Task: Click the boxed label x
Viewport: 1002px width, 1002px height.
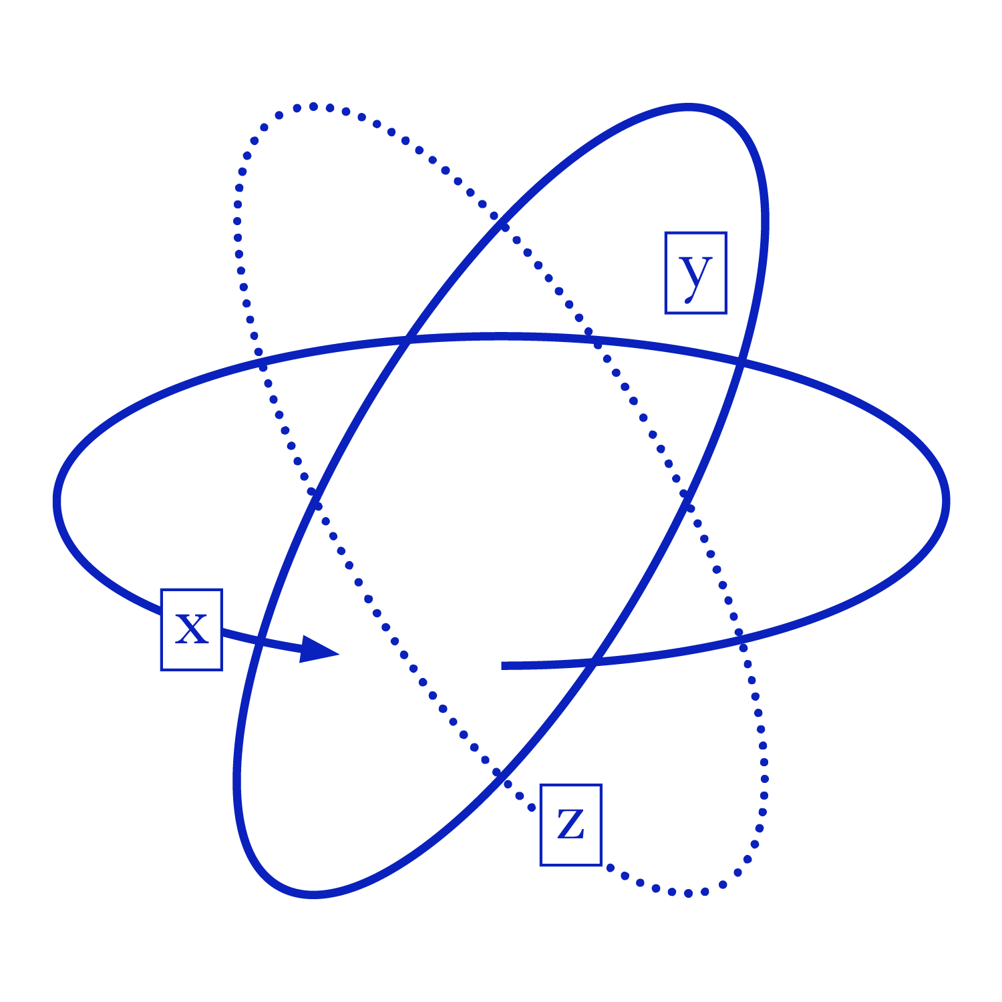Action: click(x=191, y=629)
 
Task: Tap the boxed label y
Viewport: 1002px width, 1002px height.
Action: click(x=695, y=273)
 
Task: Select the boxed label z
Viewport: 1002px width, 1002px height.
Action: click(x=570, y=824)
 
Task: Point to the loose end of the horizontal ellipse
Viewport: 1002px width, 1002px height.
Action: click(x=502, y=665)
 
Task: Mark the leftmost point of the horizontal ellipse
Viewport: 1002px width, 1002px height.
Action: click(x=57, y=501)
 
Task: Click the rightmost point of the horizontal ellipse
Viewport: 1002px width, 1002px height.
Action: click(x=946, y=501)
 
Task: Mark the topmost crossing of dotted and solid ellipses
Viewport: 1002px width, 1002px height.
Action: click(x=500, y=222)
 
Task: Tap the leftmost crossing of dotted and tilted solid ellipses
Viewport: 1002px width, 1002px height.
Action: click(x=314, y=496)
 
